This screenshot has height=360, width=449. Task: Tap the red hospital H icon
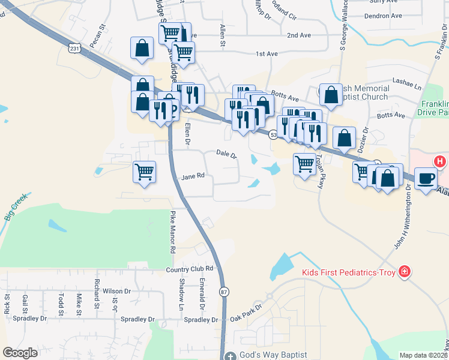pos(440,161)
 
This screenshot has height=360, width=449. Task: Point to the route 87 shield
pos(224,292)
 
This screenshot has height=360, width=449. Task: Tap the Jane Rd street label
pos(193,176)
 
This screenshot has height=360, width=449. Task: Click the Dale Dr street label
pos(226,155)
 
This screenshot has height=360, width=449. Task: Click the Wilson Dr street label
pos(116,291)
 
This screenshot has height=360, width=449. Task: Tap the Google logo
pos(20,353)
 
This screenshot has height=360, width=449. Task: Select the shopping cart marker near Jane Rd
pos(145,172)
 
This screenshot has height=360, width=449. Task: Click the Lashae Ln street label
pos(408,80)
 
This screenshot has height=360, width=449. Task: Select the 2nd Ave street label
pos(299,35)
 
